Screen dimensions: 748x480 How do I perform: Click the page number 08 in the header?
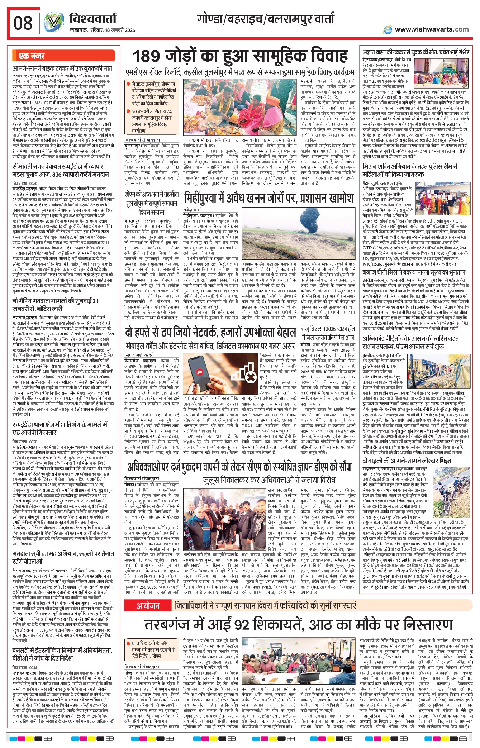tap(23, 23)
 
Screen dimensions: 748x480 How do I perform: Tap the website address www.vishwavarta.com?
tap(431, 29)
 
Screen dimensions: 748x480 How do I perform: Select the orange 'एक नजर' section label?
tap(32, 56)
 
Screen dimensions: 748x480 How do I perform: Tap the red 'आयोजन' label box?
tap(148, 606)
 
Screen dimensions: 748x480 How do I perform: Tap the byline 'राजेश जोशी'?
tap(193, 210)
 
